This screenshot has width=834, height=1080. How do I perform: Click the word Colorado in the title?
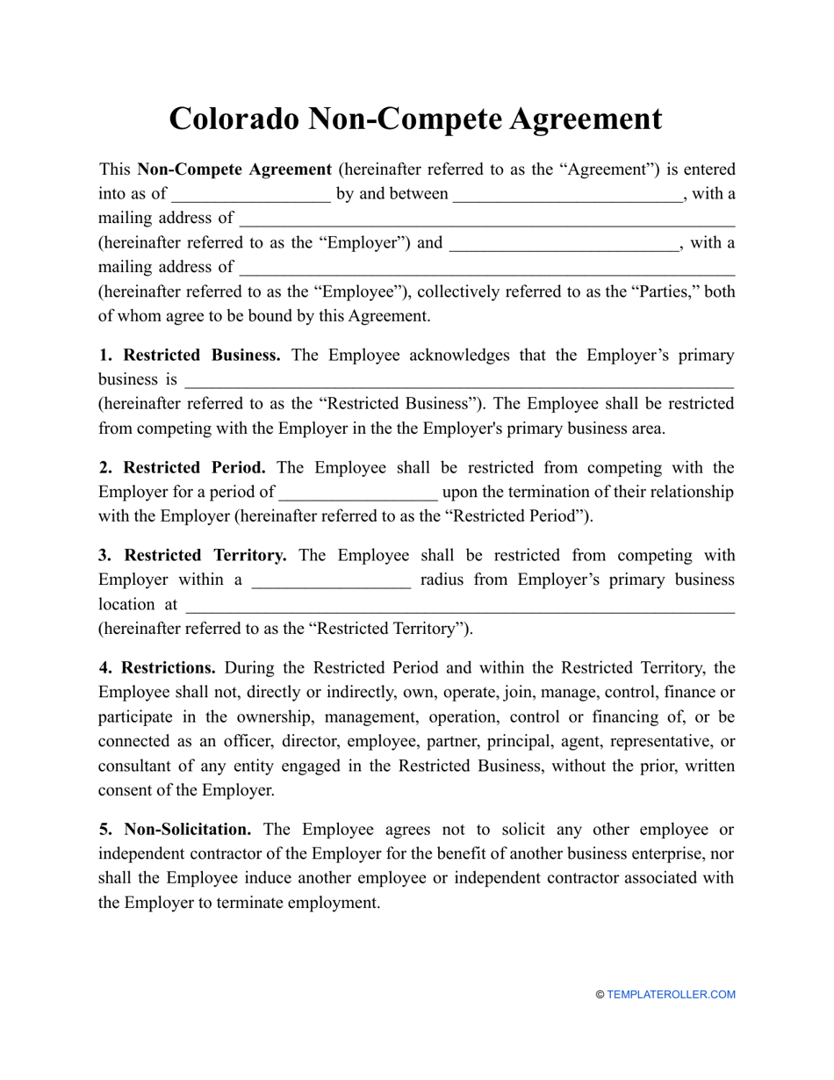point(234,119)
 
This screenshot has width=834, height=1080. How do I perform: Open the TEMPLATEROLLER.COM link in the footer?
point(671,995)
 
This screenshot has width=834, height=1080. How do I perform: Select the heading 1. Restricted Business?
point(190,356)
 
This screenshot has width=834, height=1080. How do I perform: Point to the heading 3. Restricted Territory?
point(192,556)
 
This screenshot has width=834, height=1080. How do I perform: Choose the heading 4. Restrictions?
point(157,668)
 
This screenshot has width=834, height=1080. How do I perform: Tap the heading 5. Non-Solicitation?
point(175,830)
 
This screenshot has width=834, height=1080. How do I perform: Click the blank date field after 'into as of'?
point(251,195)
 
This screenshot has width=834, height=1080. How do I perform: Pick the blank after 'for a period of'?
point(357,493)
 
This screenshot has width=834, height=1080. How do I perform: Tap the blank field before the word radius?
point(331,580)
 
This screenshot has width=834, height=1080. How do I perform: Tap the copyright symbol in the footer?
point(600,995)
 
